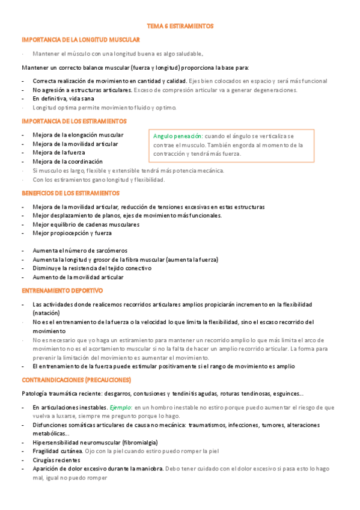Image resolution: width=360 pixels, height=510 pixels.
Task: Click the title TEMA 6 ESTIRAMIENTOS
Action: pos(180,26)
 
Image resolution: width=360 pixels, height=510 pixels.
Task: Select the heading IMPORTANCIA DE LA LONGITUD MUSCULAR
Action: pos(81,40)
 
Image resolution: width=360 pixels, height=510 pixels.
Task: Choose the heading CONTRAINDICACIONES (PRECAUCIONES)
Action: pos(76,380)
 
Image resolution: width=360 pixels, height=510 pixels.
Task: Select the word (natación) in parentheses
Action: pos(46,313)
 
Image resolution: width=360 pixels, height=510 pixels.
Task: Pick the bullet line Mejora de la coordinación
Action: pos(67,162)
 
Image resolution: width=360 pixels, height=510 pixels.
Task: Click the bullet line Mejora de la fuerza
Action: pos(59,153)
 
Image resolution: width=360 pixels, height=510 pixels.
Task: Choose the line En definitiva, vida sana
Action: pos(63,99)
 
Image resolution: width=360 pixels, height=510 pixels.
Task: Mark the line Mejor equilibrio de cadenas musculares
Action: pos(86,224)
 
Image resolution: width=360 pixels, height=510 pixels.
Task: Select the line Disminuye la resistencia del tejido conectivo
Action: pos(92,268)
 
